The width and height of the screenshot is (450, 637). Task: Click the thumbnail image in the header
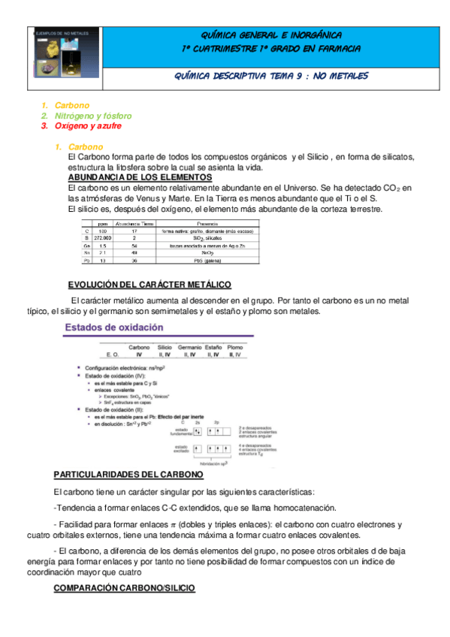pyautogui.click(x=59, y=56)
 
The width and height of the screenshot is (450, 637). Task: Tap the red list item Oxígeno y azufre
pyautogui.click(x=87, y=126)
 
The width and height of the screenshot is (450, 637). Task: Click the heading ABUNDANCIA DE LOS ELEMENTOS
pyautogui.click(x=140, y=177)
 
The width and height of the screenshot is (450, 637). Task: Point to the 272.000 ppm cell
pyautogui.click(x=102, y=237)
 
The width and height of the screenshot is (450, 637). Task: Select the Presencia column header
pyautogui.click(x=207, y=223)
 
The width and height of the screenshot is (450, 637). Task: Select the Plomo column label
pyautogui.click(x=235, y=347)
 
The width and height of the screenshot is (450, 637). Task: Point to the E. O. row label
pyautogui.click(x=113, y=353)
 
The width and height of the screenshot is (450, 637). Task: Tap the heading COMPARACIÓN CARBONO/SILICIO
pyautogui.click(x=125, y=587)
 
